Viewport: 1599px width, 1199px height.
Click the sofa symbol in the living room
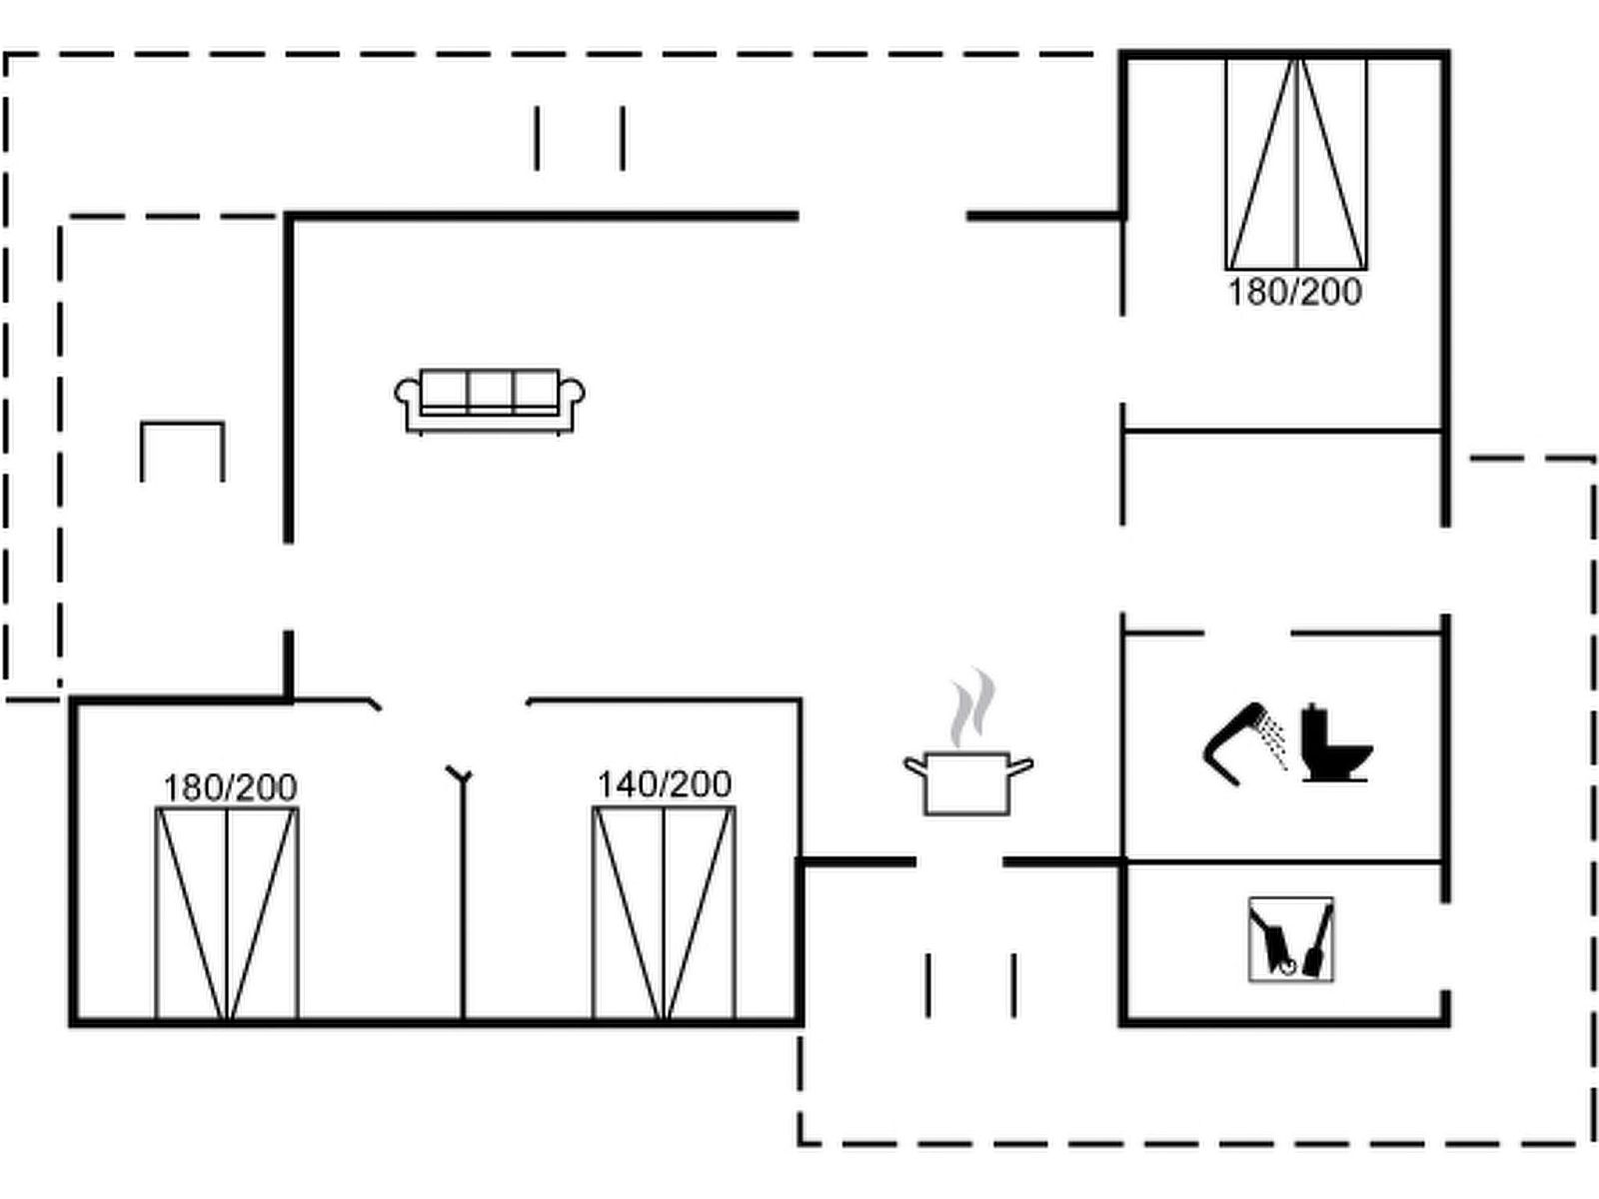pyautogui.click(x=490, y=400)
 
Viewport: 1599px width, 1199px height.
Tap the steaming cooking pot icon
pyautogui.click(x=967, y=779)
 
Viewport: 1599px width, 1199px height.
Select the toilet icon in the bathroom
pyautogui.click(x=1335, y=744)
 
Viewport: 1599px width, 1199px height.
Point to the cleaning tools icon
pyautogui.click(x=1290, y=939)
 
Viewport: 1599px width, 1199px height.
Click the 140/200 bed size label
pyautogui.click(x=665, y=784)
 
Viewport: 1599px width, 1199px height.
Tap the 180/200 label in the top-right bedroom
pyautogui.click(x=1294, y=292)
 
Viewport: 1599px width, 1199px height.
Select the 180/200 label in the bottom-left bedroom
pyautogui.click(x=230, y=787)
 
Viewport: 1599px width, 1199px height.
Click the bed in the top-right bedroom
pyautogui.click(x=1296, y=165)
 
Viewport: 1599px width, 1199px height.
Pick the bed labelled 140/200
pyautogui.click(x=665, y=914)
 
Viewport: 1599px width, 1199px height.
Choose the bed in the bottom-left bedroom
pyautogui.click(x=227, y=914)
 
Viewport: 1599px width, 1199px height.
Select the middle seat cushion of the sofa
pyautogui.click(x=490, y=390)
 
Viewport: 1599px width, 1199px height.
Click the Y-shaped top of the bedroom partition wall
pyautogui.click(x=460, y=774)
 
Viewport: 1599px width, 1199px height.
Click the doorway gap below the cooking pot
pyautogui.click(x=959, y=861)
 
